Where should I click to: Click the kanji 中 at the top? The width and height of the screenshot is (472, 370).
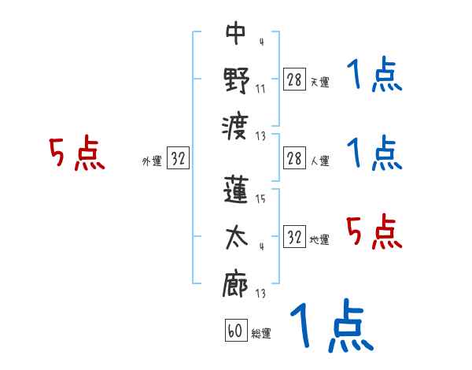pos(235,33)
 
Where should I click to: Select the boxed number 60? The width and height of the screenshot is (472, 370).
pos(235,331)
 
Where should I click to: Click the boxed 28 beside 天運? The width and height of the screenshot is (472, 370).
pos(294,79)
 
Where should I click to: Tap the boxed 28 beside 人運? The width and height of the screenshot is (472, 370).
pos(294,158)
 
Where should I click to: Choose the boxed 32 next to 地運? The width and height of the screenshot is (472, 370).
pos(294,237)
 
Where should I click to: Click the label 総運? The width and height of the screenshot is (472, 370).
pos(260,334)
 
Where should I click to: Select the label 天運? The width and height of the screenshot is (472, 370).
pos(319,82)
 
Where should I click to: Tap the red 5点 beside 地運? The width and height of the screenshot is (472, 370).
pos(374,231)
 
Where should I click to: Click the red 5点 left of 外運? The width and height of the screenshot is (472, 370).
pos(76,154)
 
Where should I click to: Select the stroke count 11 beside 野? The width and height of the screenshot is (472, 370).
pos(260,87)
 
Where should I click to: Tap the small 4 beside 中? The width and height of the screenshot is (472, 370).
pos(260,41)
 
